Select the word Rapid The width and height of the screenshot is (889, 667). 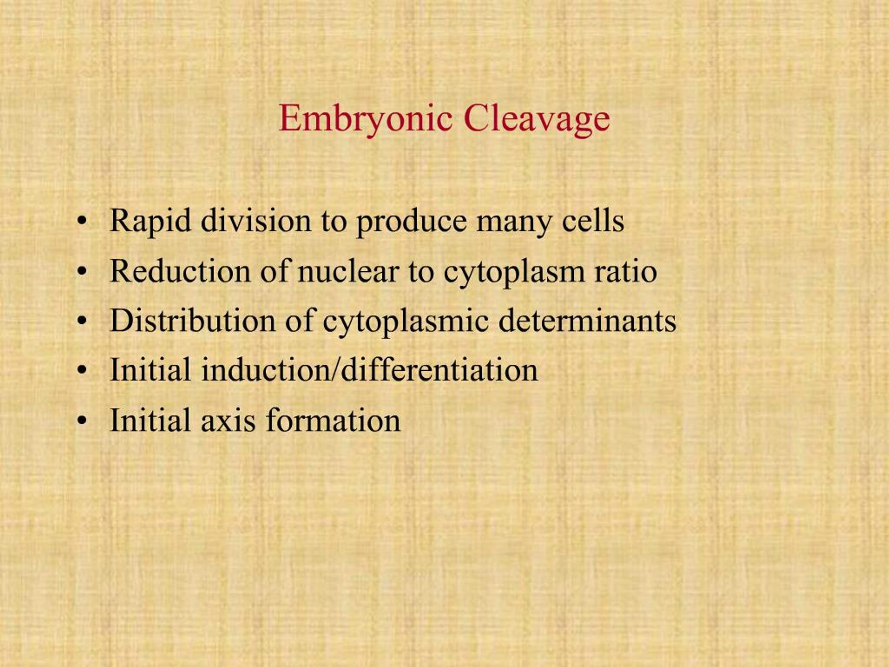pyautogui.click(x=150, y=222)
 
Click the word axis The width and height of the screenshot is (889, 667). pyautogui.click(x=228, y=420)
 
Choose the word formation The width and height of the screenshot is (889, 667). pyautogui.click(x=333, y=420)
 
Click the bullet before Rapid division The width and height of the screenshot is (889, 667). pyautogui.click(x=82, y=222)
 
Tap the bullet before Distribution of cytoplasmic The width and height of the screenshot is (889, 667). pyautogui.click(x=82, y=321)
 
